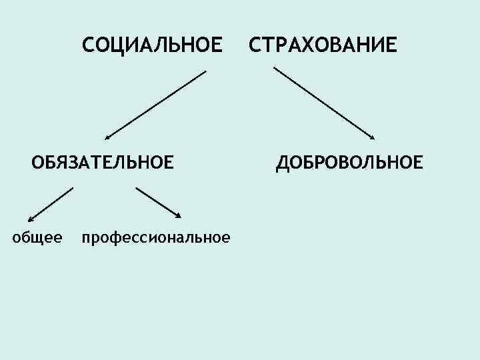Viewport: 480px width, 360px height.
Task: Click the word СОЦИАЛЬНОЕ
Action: pos(151,46)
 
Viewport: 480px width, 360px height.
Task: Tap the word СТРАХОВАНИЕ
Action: pos(323,46)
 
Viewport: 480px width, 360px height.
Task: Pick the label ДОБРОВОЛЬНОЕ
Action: pos(349,162)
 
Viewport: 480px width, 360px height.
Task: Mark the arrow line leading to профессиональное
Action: pos(158,202)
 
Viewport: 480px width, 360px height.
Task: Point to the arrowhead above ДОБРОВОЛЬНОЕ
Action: pos(371,137)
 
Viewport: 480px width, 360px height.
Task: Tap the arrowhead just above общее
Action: pos(31,217)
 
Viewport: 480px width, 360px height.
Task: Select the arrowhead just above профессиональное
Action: pos(178,215)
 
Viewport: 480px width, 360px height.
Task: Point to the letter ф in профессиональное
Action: pos(113,238)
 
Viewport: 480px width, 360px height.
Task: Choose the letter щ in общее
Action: pos(39,237)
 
